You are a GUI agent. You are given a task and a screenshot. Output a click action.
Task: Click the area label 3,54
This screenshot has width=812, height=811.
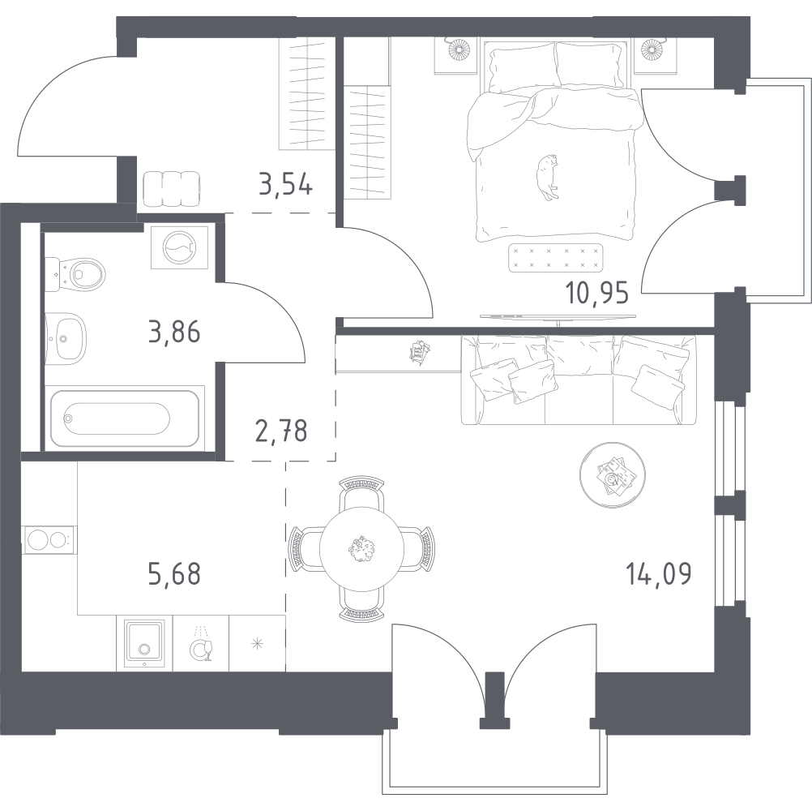285,184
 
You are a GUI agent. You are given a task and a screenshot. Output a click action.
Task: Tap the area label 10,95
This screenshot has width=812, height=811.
597,294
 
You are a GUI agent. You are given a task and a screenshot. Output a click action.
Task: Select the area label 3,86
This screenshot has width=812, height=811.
174,332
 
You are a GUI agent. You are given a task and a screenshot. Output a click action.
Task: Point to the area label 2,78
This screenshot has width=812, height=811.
282,431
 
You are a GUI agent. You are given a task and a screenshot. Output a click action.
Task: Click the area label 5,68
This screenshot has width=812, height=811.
174,574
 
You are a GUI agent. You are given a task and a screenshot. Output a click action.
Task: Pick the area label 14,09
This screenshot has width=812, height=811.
659,573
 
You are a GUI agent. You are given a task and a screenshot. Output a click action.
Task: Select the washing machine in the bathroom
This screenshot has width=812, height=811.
179,247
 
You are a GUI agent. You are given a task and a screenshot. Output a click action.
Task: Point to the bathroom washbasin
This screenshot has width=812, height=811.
66,338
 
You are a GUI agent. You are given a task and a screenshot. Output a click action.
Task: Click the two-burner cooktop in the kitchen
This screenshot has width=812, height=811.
49,539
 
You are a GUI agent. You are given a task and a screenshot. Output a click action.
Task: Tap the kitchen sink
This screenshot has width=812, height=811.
145,642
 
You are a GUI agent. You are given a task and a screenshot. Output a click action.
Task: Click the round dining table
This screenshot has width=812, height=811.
361,549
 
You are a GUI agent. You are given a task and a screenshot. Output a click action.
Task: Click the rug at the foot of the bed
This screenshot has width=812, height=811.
556,258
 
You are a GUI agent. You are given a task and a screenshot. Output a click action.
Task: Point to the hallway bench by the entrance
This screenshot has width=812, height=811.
172,188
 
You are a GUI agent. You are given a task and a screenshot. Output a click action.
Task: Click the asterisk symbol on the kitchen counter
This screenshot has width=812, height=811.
257,644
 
